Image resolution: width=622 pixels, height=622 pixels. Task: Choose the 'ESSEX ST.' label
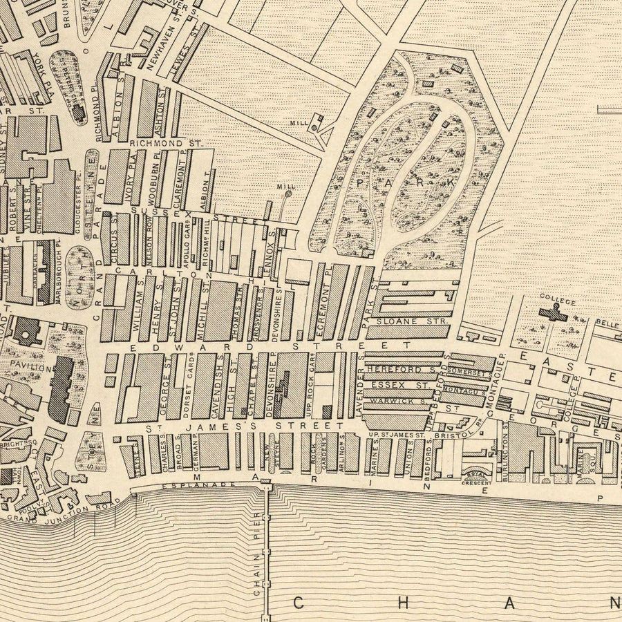(x=391, y=384)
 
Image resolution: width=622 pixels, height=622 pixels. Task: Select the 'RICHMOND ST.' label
(x=165, y=142)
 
